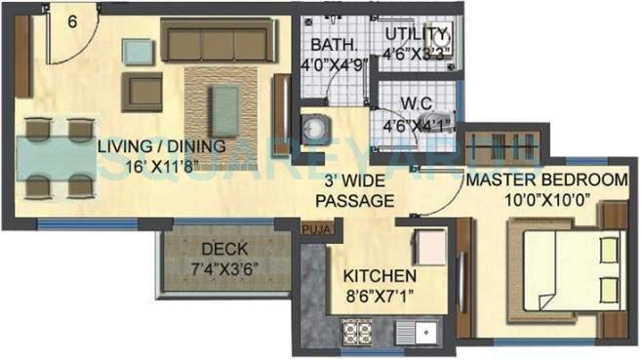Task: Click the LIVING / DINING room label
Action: pos(162,146)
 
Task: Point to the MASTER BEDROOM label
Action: pos(545,180)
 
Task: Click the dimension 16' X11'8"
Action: pos(161,166)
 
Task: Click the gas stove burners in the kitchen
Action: pos(356,332)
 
